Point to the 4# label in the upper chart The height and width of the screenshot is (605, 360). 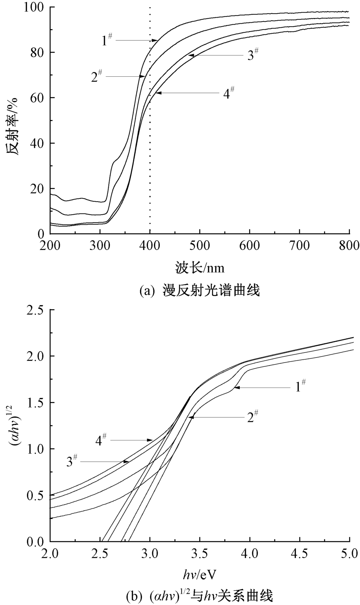(229, 93)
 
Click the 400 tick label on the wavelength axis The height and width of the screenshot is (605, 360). (150, 246)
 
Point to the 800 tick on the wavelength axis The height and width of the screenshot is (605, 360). (350, 246)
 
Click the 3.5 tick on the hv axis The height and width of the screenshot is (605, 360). (200, 554)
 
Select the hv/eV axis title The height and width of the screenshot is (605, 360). (200, 575)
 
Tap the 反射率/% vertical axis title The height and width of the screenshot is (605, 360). (12, 126)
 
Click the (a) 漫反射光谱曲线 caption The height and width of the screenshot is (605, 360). (200, 290)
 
